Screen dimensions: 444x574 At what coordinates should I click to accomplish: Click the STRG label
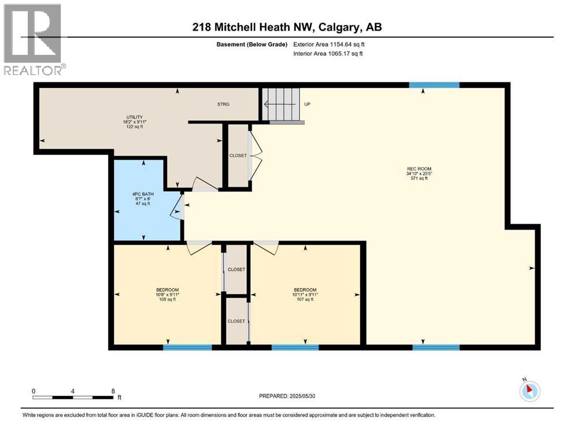pos(223,104)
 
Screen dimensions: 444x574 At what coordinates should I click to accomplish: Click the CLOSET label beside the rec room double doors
pos(238,156)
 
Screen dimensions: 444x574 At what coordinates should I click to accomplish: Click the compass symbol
pos(529,391)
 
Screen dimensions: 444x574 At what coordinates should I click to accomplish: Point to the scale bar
pos(73,397)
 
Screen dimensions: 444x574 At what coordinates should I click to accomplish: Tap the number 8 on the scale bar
pos(112,391)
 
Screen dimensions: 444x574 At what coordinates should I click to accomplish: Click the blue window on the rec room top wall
pos(434,85)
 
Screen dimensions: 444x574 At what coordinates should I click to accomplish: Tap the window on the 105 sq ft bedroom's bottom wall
pos(187,347)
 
